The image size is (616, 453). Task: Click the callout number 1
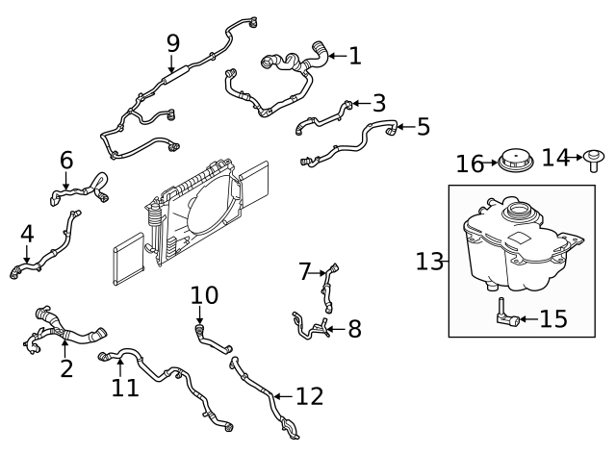click(354, 57)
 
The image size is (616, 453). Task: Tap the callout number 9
click(173, 43)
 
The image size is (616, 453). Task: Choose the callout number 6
click(66, 160)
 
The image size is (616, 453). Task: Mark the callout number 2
click(66, 368)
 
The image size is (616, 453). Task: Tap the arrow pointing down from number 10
click(199, 317)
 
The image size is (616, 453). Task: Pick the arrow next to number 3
click(357, 103)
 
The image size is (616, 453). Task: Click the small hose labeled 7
click(332, 285)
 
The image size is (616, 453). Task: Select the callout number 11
click(124, 387)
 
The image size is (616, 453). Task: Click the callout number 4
click(27, 233)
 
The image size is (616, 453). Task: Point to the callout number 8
click(353, 330)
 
